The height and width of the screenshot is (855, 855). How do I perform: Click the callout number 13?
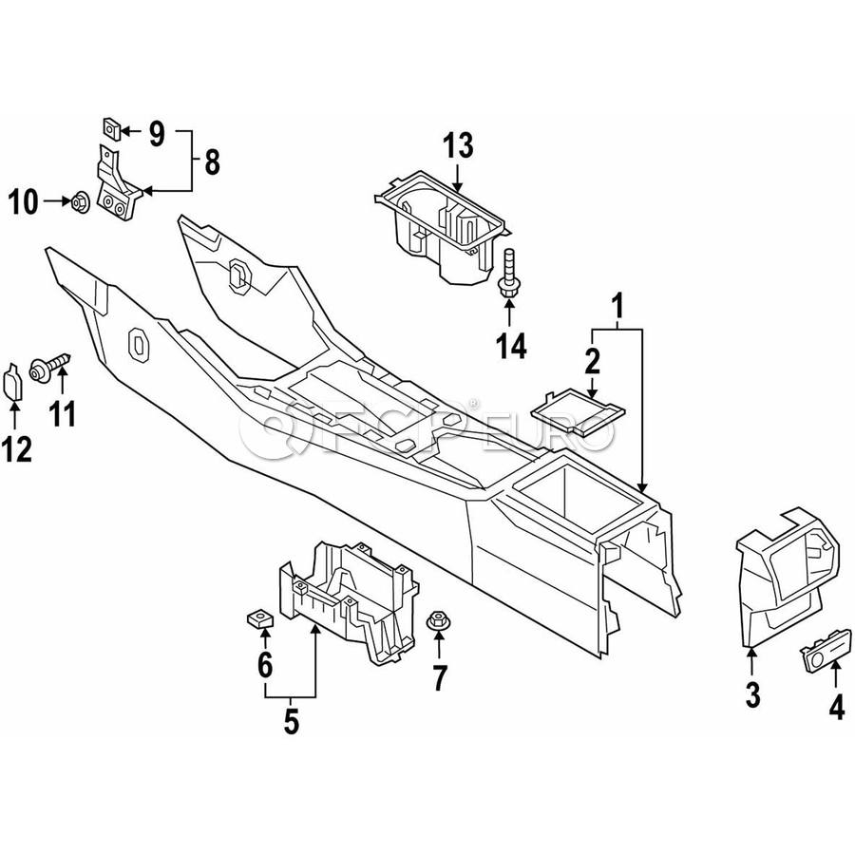[458, 145]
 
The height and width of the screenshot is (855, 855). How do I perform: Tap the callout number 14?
[511, 346]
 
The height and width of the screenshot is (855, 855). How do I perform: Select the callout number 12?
[16, 450]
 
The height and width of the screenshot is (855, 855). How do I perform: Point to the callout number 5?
[292, 721]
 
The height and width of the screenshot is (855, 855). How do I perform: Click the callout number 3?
[752, 695]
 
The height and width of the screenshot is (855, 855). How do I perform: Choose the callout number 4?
[836, 707]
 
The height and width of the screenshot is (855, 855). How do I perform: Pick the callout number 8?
[212, 161]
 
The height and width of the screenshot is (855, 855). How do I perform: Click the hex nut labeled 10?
[81, 201]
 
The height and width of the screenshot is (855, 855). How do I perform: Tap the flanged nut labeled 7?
[436, 620]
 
